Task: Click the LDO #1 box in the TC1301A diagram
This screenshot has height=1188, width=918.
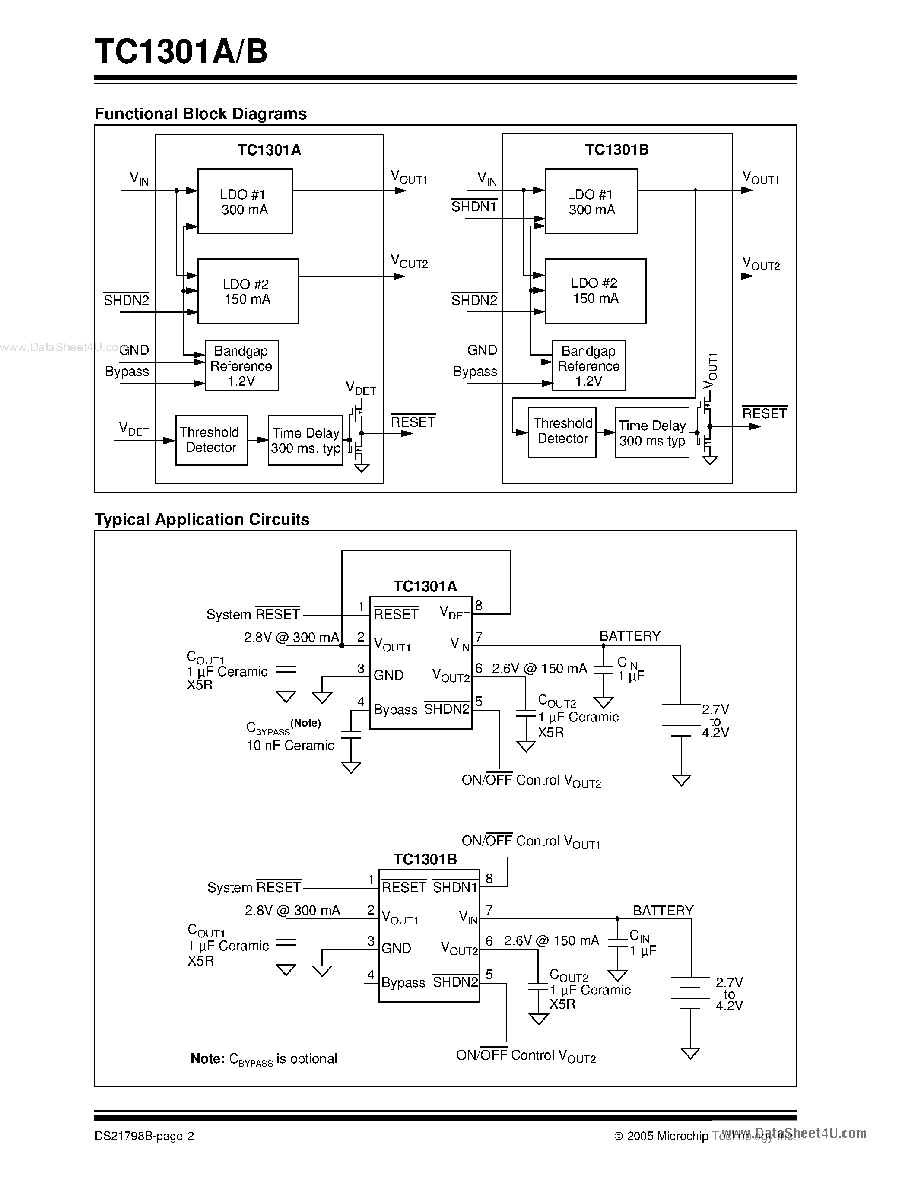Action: click(x=245, y=201)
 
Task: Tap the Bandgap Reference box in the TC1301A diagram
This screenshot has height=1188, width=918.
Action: click(x=241, y=365)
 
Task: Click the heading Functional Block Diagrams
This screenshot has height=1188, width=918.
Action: click(x=201, y=114)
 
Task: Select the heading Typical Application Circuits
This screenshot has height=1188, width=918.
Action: click(x=202, y=519)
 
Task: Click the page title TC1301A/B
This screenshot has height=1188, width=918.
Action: click(x=181, y=52)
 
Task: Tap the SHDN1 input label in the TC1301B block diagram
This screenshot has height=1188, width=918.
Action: click(x=473, y=206)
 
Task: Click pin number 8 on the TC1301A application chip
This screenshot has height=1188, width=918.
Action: click(x=479, y=605)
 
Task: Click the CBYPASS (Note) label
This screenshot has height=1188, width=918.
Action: click(x=283, y=727)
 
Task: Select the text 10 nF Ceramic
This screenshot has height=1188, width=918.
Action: click(x=290, y=745)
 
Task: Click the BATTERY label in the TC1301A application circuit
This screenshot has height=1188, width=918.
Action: click(x=629, y=636)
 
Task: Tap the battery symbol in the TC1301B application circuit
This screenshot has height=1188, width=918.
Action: click(x=690, y=993)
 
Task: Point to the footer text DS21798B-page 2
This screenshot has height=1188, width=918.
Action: click(x=144, y=1136)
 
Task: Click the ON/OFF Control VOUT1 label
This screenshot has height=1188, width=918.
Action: click(x=530, y=842)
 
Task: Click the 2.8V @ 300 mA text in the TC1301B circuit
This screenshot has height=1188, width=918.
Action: click(x=292, y=910)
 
